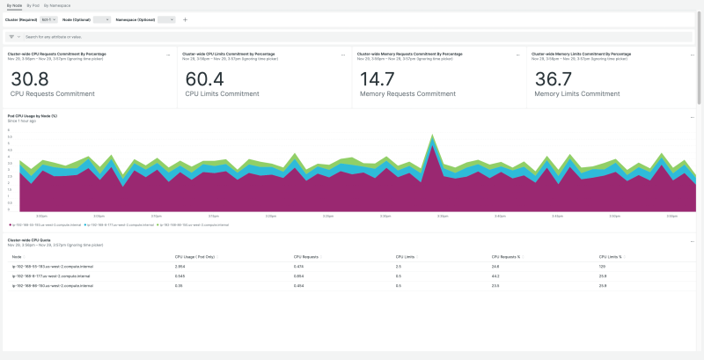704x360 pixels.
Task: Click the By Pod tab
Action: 33,5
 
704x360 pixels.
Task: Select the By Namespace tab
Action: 56,5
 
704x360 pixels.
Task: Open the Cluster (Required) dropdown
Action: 49,18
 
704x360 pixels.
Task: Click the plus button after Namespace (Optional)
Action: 185,18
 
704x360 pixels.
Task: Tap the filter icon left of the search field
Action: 12,37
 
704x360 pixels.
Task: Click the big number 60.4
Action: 204,79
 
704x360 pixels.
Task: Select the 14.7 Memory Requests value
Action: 378,79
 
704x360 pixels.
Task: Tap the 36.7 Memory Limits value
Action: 554,79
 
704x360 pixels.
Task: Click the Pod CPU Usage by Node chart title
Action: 33,115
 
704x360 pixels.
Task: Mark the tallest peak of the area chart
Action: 432,136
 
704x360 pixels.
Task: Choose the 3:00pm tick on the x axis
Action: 41,216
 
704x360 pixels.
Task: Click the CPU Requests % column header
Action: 509,257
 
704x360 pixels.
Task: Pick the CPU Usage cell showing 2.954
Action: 180,266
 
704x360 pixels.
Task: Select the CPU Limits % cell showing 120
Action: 603,266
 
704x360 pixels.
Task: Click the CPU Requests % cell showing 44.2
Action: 495,276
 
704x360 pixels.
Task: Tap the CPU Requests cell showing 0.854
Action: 299,276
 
